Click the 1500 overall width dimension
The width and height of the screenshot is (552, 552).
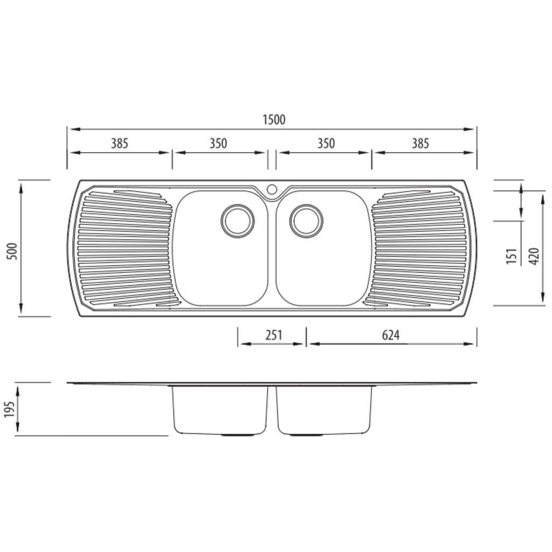(x=274, y=120)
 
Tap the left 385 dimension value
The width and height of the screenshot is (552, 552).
(x=120, y=143)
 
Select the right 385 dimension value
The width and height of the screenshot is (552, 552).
(x=420, y=143)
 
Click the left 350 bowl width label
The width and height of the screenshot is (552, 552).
(x=218, y=143)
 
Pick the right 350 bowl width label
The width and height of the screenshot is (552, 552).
(x=326, y=143)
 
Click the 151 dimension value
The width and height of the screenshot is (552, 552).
(x=512, y=256)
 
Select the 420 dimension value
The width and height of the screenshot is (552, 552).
(x=534, y=256)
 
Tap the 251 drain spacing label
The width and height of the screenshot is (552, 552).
(x=274, y=335)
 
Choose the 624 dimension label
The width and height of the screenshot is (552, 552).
(x=391, y=335)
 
